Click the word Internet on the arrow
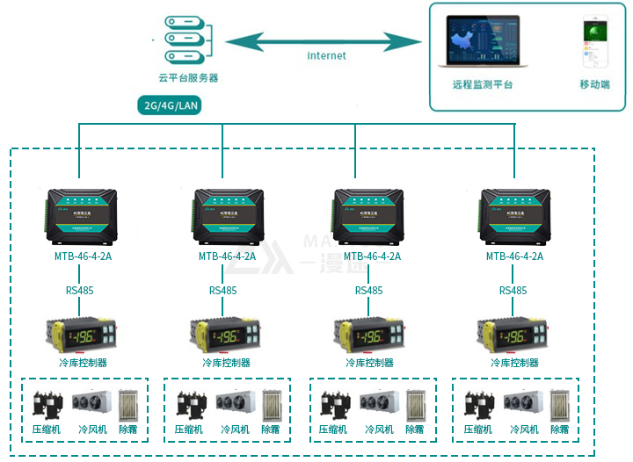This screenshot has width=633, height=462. point(326,55)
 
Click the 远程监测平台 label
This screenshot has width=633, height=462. point(482,85)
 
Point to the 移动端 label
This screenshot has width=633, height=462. point(595,85)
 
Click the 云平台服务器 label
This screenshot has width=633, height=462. point(188,77)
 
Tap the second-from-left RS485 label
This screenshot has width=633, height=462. point(223,291)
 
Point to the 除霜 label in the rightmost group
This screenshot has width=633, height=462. point(559,430)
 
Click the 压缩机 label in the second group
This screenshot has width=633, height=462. point(189,430)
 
